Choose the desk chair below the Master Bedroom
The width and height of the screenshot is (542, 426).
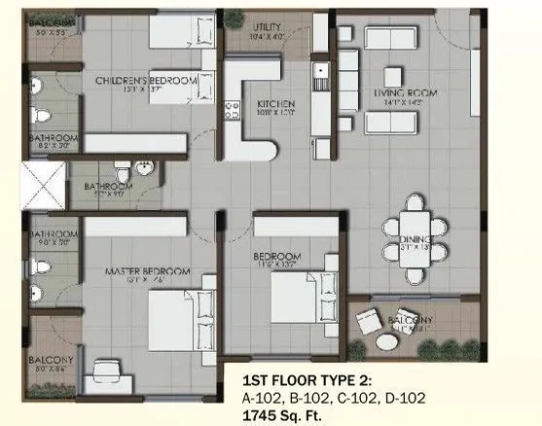[x=105, y=374]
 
